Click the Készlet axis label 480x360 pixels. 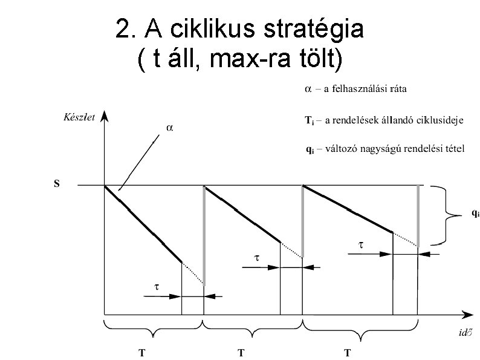[x=79, y=118]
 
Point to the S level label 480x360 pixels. [x=56, y=184]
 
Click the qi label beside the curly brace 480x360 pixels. [x=476, y=214]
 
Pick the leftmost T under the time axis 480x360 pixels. [x=142, y=353]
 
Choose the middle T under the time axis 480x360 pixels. [x=241, y=353]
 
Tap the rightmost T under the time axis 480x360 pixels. [x=348, y=353]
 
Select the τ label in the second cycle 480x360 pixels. [x=256, y=257]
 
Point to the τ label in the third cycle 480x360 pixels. [x=362, y=245]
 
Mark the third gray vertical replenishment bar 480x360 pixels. [x=418, y=215]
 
